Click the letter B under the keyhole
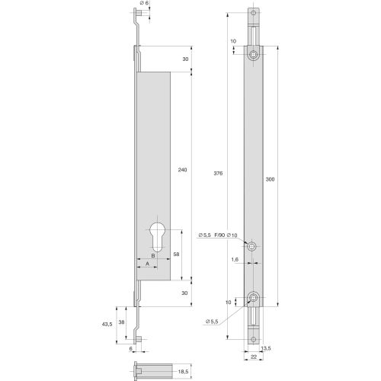[x=152, y=256]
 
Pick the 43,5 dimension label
[x=107, y=324]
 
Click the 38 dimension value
[x=122, y=322]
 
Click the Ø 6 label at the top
[x=148, y=5]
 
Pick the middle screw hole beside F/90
[x=253, y=245]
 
